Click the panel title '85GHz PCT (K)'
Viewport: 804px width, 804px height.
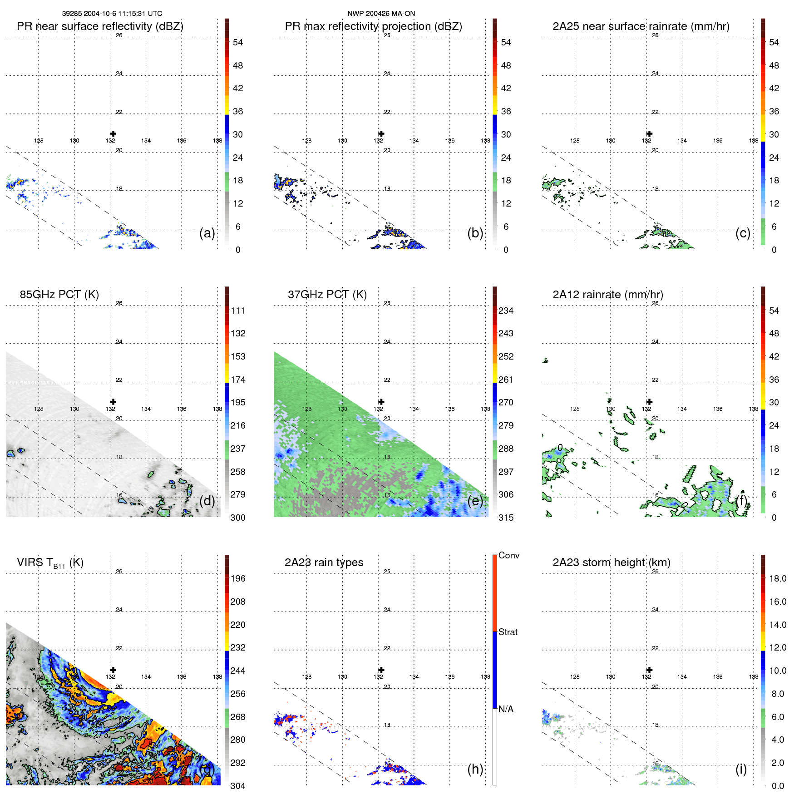59,294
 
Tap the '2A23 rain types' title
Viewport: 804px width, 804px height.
324,562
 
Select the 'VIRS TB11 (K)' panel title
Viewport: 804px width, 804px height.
50,563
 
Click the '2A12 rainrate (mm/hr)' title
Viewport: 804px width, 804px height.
607,294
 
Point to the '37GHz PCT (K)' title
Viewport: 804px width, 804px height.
327,294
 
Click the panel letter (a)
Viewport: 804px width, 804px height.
207,233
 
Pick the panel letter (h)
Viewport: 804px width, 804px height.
475,769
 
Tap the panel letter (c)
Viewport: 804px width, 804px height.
743,233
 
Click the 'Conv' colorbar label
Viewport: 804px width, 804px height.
508,555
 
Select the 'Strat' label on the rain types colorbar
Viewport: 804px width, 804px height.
508,632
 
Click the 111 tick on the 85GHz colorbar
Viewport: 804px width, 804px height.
238,311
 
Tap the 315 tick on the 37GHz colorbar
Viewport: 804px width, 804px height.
506,518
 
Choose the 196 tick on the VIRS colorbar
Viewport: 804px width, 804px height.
238,578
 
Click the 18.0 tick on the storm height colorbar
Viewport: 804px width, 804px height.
777,578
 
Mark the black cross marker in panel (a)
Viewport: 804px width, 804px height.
113,133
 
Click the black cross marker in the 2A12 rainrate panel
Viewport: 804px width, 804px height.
649,402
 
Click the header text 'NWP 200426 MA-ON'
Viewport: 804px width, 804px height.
381,14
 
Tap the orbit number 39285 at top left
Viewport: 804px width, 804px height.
72,14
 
